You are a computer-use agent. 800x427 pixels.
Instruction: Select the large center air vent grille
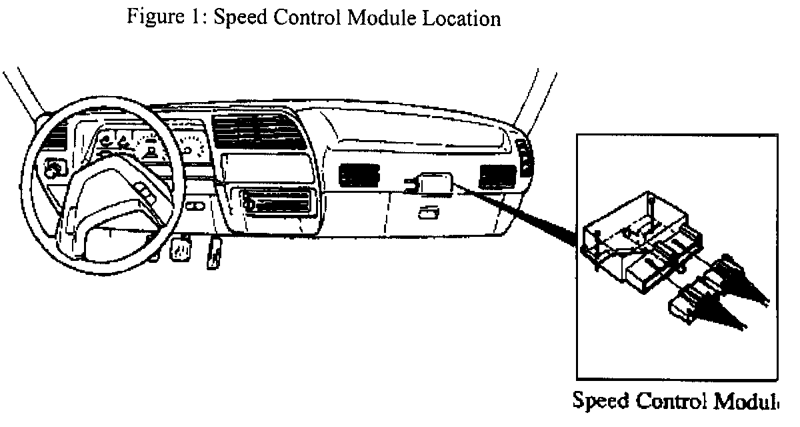(259, 133)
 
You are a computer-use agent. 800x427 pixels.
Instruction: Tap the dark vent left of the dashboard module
(359, 175)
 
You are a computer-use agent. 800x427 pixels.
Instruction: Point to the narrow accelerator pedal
(214, 253)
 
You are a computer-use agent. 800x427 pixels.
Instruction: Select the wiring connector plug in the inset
(700, 294)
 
